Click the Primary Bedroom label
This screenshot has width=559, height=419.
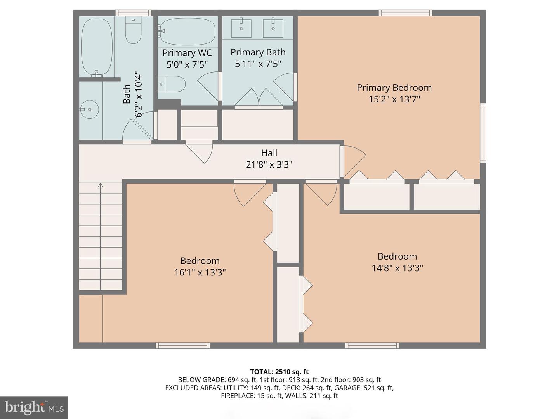pyautogui.click(x=394, y=88)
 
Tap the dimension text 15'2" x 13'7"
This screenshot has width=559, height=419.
pyautogui.click(x=394, y=99)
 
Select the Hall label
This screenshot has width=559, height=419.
pyautogui.click(x=269, y=153)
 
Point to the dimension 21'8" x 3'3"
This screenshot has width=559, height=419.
pyautogui.click(x=269, y=164)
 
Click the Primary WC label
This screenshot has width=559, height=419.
pyautogui.click(x=187, y=53)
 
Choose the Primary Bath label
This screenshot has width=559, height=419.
pyautogui.click(x=258, y=52)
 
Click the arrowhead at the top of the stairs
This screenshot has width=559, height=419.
pyautogui.click(x=101, y=185)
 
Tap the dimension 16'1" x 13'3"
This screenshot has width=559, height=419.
pyautogui.click(x=200, y=272)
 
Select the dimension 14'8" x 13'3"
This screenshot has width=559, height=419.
pyautogui.click(x=397, y=268)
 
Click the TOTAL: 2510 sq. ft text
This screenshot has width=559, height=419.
pyautogui.click(x=279, y=372)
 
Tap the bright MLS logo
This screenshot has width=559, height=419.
pyautogui.click(x=34, y=407)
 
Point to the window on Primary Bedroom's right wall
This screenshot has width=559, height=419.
pyautogui.click(x=483, y=132)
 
